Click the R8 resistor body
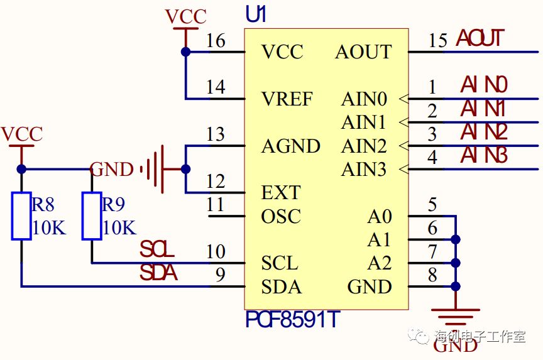pos(21,216)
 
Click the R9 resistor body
pos(92,216)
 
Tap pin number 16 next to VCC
pos(216,41)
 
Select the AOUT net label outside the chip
pos(480,38)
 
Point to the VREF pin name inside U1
pos(288,99)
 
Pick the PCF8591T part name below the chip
pos(292,320)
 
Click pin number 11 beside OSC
pos(215,205)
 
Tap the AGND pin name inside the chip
pos(291,146)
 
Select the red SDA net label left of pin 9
pos(158,274)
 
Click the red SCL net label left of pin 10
pos(157,250)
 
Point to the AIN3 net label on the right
pos(484,155)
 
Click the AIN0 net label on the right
pos(484,85)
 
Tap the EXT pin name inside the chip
pos(281,192)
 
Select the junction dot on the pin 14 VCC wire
pos(185,52)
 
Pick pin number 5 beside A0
pos(432,205)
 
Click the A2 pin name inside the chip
pos(380,263)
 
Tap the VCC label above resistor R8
pos(22,134)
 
